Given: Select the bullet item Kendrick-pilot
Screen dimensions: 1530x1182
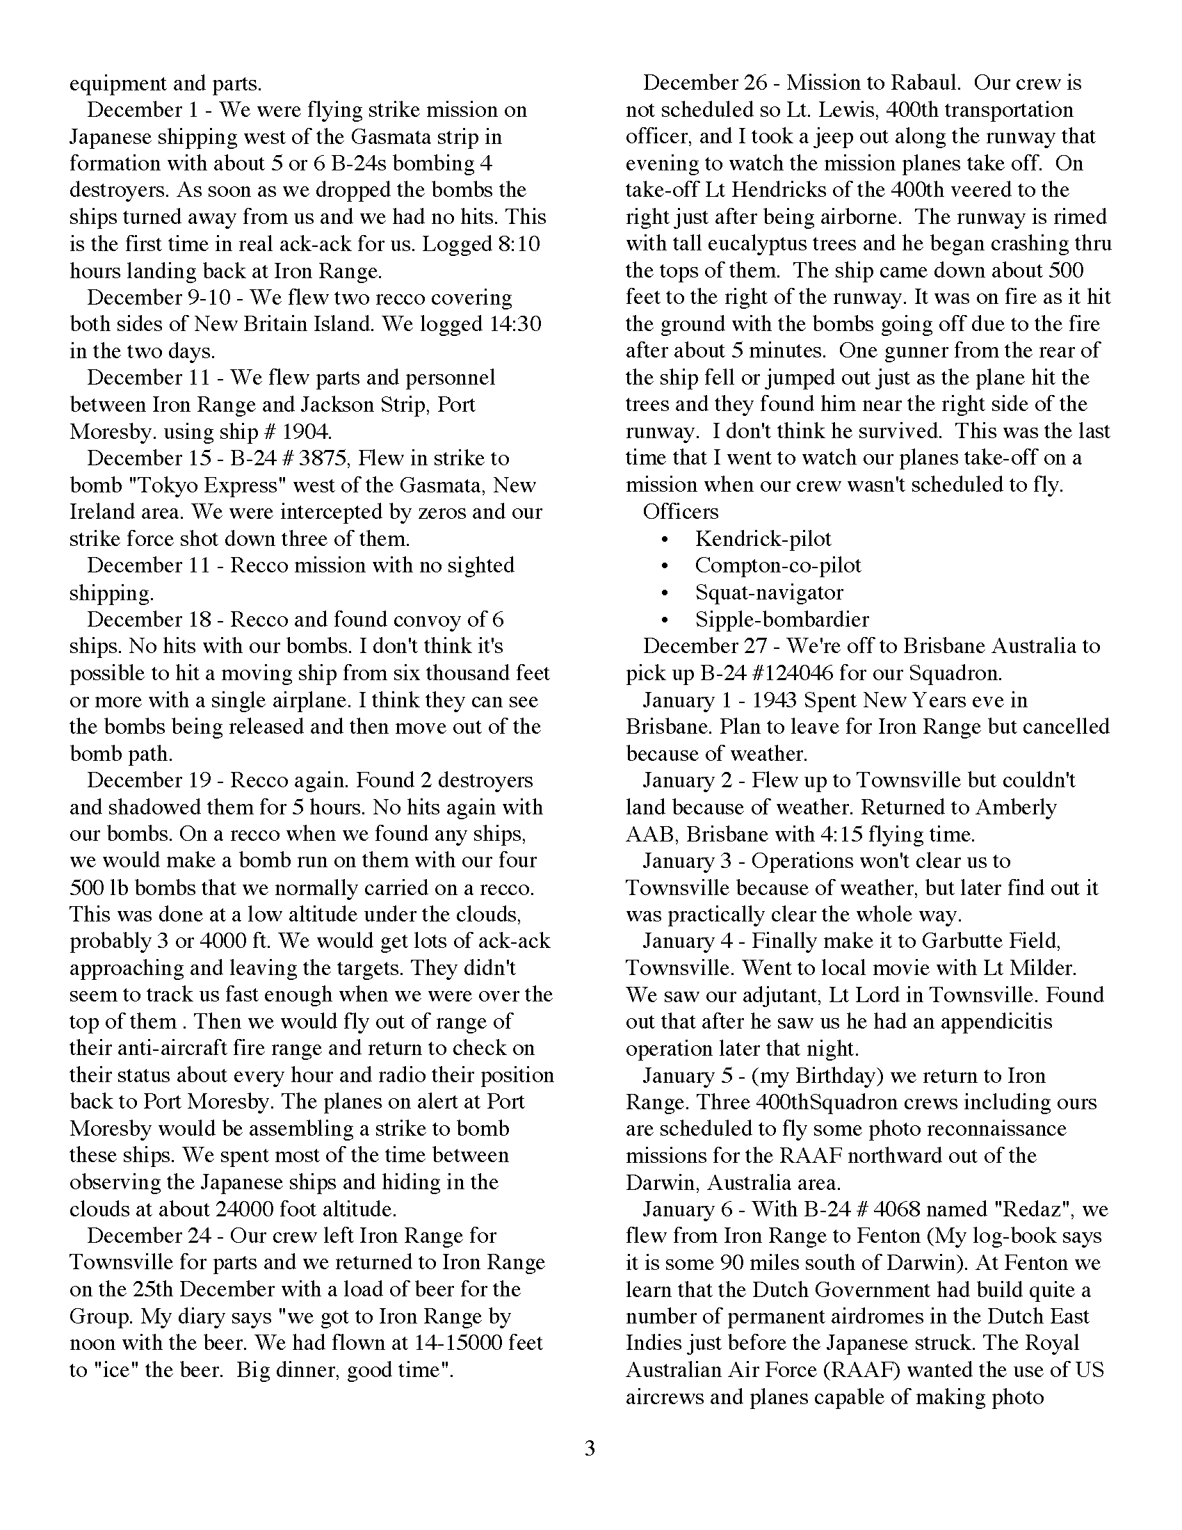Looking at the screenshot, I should (x=763, y=539).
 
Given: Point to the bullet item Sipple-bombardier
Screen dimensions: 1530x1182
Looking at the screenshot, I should (x=782, y=619).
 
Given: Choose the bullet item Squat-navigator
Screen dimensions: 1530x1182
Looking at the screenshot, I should (x=769, y=593).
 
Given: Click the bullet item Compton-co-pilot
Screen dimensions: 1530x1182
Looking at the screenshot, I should (x=777, y=565).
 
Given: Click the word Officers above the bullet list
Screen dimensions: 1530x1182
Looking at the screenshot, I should (x=681, y=511).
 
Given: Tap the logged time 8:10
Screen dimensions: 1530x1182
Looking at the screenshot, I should (x=515, y=244).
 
